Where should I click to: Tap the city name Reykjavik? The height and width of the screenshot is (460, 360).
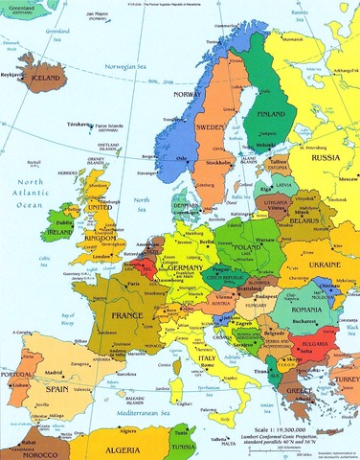tap(14, 72)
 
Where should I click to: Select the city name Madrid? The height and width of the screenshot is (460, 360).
tap(56, 372)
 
